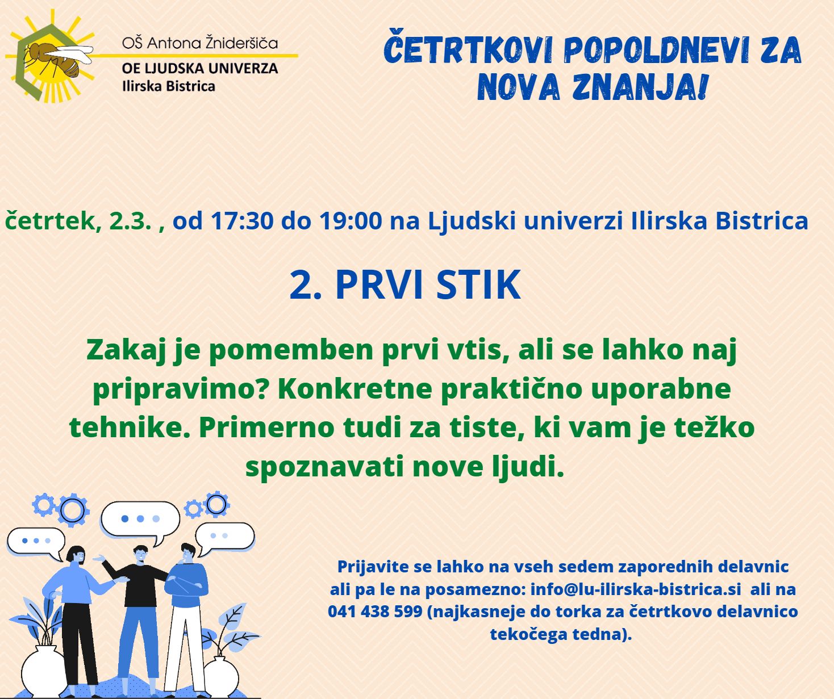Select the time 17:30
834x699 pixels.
click(242, 221)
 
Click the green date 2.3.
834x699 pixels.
click(131, 221)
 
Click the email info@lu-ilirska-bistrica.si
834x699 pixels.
click(636, 589)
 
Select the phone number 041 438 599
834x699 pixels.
click(375, 612)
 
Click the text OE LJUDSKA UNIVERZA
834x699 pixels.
click(200, 68)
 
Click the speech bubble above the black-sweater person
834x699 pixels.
click(140, 519)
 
